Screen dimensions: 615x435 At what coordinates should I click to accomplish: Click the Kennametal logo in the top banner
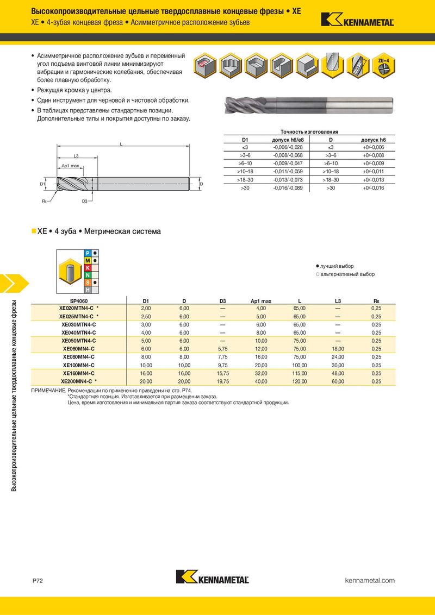(x=357, y=20)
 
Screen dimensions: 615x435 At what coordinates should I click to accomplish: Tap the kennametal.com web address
(x=370, y=581)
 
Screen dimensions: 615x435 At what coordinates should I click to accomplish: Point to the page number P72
(x=38, y=581)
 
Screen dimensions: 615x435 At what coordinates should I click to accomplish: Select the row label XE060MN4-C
(x=79, y=349)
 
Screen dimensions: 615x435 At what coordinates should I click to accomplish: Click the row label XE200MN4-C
(x=79, y=381)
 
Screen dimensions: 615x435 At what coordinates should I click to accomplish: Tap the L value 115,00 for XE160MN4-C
(x=300, y=373)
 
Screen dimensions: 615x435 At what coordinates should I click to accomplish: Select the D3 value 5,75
(x=223, y=349)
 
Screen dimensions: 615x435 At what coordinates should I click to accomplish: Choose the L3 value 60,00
(x=338, y=381)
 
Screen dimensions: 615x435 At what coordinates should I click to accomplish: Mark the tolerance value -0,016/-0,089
(x=287, y=187)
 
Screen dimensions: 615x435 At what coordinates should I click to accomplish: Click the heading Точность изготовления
(x=309, y=132)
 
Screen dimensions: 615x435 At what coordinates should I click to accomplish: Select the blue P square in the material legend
(x=88, y=253)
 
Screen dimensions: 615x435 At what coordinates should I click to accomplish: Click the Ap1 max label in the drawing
(x=70, y=166)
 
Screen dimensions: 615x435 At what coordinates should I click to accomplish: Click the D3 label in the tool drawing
(x=85, y=201)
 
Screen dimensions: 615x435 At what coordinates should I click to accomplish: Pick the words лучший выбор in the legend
(x=337, y=266)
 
